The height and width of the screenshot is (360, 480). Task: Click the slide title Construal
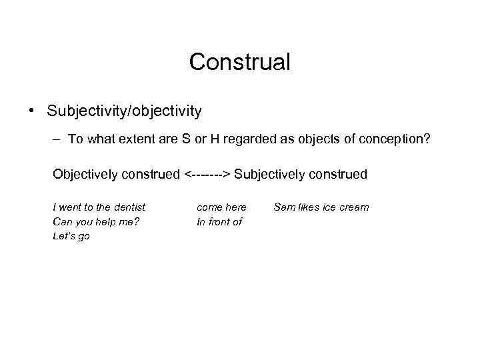tap(239, 62)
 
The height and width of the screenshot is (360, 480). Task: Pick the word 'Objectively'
tap(83, 175)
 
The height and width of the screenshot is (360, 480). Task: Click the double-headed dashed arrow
tap(207, 175)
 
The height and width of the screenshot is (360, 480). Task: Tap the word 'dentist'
tap(129, 207)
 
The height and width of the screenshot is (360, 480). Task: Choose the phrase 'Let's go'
tap(71, 236)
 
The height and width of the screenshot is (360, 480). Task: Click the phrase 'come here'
tap(221, 207)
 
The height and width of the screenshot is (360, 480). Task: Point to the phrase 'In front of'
tap(219, 221)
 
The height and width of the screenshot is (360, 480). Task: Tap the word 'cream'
tap(354, 207)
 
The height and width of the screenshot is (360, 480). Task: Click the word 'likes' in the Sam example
tap(310, 207)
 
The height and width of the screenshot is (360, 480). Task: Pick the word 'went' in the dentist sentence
tap(70, 207)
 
